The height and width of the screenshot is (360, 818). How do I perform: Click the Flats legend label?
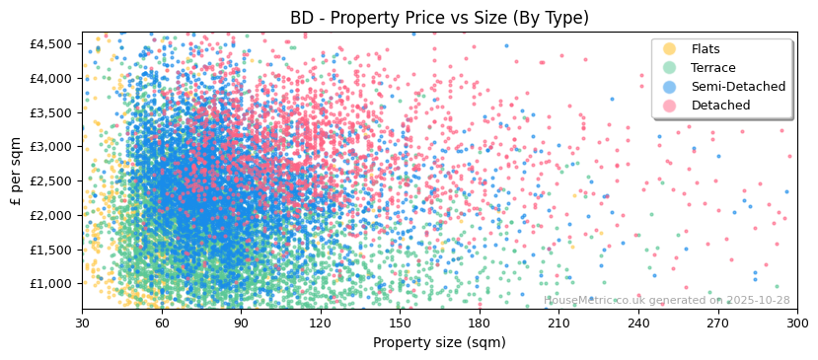pyautogui.click(x=706, y=49)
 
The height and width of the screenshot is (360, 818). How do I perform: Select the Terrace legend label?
pyautogui.click(x=712, y=68)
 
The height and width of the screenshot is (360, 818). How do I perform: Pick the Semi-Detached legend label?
pyautogui.click(x=733, y=87)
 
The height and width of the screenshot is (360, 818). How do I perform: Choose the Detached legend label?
pyautogui.click(x=720, y=106)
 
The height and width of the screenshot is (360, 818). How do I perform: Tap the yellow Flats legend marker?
pyautogui.click(x=670, y=49)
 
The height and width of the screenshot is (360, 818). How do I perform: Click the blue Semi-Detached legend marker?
pyautogui.click(x=670, y=87)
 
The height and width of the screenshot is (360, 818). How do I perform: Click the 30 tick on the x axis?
pyautogui.click(x=82, y=323)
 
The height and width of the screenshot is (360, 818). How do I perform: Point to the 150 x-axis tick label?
pyautogui.click(x=400, y=323)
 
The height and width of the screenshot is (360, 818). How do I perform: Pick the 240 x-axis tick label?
pyautogui.click(x=638, y=323)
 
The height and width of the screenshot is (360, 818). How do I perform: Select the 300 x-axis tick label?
pyautogui.click(x=797, y=323)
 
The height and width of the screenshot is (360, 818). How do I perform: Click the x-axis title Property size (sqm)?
pyautogui.click(x=439, y=342)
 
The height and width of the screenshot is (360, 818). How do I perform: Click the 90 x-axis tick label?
pyautogui.click(x=241, y=323)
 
